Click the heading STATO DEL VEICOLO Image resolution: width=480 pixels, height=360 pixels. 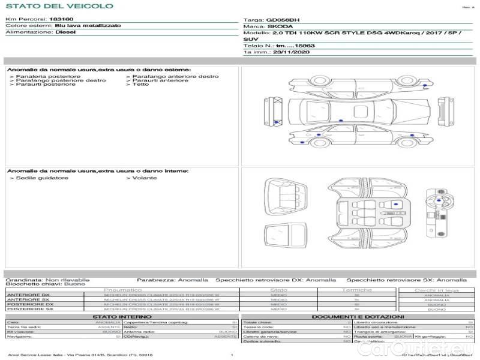[59, 6]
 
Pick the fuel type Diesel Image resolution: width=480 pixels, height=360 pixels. [66, 32]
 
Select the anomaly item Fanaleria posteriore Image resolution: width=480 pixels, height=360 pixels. [48, 77]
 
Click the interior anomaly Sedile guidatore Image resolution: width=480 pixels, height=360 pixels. [42, 178]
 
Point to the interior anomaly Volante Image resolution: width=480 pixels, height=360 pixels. [145, 178]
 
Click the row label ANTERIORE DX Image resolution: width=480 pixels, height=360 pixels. [29, 295]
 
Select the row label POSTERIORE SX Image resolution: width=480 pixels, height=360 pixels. [29, 309]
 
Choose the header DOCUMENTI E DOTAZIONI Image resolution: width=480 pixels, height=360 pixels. [358, 316]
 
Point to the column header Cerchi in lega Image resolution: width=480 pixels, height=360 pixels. [436, 290]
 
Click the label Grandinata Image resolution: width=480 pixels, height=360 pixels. [23, 280]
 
